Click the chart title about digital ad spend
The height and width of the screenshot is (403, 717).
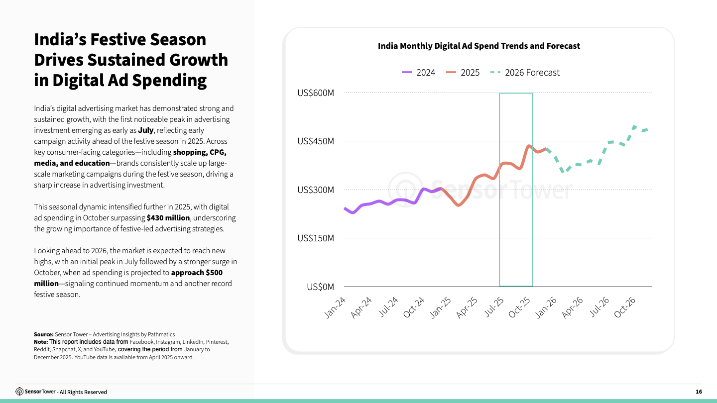[x=478, y=46]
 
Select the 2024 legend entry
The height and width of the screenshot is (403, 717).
[x=418, y=73]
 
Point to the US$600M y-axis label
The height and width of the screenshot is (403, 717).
[x=316, y=93]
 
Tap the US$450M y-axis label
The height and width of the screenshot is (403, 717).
[x=316, y=141]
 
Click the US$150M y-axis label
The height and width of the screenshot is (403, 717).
[x=316, y=238]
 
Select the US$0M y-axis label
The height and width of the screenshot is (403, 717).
[x=320, y=287]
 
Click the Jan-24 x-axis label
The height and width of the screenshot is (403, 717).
[x=335, y=307]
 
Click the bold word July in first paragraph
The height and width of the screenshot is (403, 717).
[x=146, y=130]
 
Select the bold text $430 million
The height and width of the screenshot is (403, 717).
[x=168, y=218]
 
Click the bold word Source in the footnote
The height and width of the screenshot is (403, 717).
[x=43, y=334]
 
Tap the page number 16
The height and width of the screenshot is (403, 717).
[x=699, y=392]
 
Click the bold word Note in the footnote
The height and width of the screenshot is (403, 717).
[x=40, y=342]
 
